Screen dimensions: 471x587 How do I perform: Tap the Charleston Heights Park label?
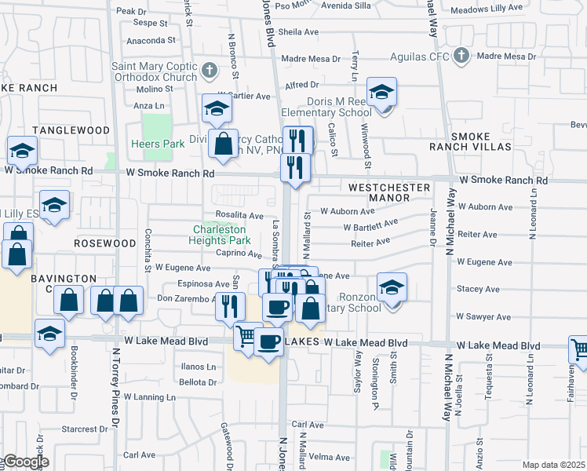(222, 235)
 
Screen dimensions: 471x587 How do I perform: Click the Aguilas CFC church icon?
(461, 57)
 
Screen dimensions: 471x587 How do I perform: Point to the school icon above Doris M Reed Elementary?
(382, 93)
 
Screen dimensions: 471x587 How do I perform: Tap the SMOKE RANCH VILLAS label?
(460, 141)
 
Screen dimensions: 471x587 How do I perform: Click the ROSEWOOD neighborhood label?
(105, 243)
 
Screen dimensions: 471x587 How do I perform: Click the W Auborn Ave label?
(347, 211)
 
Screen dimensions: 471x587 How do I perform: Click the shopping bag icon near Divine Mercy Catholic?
(223, 144)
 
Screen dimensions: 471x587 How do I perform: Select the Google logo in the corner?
(26, 461)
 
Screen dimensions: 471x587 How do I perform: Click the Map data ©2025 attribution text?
(553, 465)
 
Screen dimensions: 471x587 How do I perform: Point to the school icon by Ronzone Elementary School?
(392, 287)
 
